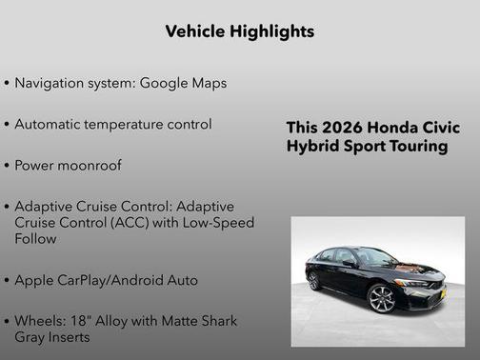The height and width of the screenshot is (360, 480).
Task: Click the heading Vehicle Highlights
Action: [239, 31]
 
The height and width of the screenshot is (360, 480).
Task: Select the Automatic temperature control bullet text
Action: [113, 124]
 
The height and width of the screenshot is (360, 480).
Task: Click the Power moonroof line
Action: [68, 165]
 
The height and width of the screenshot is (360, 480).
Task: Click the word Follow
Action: [35, 238]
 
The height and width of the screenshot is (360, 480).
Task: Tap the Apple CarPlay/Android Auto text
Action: [106, 280]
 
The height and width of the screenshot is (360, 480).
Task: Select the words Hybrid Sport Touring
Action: [367, 147]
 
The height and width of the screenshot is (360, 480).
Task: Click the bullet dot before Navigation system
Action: [8, 84]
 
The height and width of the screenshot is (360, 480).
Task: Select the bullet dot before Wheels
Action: [8, 322]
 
